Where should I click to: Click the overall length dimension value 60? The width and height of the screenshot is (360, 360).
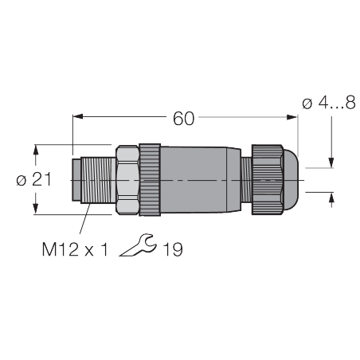coord(184,119)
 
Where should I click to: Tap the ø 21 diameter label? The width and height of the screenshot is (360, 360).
coord(33,180)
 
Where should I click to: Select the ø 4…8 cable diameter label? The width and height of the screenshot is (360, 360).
coord(329,103)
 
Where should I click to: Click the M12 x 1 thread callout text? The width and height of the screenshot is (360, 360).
coord(75,249)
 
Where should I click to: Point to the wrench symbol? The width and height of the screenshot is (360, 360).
coord(138,245)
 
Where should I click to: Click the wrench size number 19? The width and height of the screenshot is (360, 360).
coord(173,249)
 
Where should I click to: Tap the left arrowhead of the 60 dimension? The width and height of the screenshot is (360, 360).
coord(78,116)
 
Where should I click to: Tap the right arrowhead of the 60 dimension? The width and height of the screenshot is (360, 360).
coord(292,117)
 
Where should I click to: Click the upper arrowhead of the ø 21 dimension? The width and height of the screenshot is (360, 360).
coord(36,150)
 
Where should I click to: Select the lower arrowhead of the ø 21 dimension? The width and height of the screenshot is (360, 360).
coord(36,209)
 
